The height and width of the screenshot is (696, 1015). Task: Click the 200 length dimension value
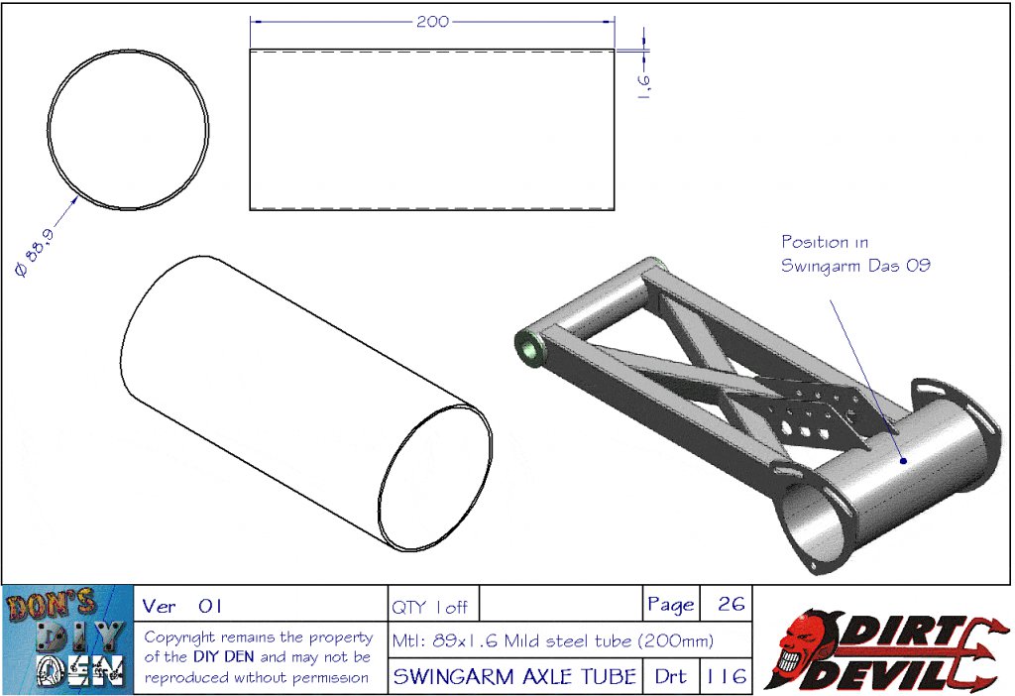(432, 22)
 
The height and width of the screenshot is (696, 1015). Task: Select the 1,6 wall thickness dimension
(643, 84)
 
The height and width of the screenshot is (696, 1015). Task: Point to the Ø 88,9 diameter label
(35, 252)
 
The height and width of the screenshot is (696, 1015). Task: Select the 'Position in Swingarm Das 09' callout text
(855, 253)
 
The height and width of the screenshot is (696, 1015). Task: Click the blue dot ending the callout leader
(903, 461)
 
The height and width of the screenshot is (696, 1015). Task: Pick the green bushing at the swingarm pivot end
(529, 348)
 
